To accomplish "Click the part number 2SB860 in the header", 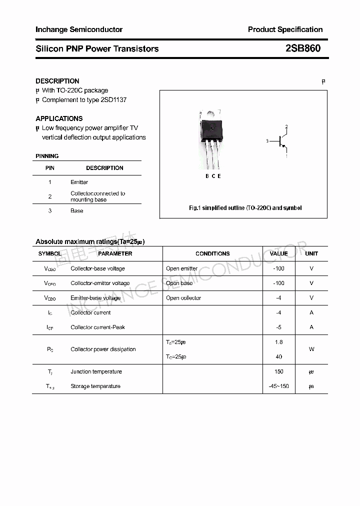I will click(302, 48).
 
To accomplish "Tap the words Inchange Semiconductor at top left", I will click(79, 29).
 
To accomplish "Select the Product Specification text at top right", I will click(285, 29).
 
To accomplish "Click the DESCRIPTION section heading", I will click(57, 81).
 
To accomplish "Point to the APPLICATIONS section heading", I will click(59, 118).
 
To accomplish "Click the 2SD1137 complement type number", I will click(113, 99).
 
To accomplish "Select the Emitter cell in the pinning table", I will click(79, 182).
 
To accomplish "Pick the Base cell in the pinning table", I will click(76, 211).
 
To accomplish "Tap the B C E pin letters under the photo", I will click(213, 176).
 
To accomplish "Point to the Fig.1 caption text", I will click(245, 207).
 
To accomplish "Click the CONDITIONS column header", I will click(212, 253).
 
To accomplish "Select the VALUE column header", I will click(278, 253).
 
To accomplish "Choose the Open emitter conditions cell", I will click(181, 268).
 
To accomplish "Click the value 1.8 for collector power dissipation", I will click(278, 342).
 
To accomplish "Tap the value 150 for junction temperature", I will click(278, 371).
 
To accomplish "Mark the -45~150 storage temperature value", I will click(278, 386).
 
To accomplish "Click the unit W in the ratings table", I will click(311, 349).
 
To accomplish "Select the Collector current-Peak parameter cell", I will click(97, 327).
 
